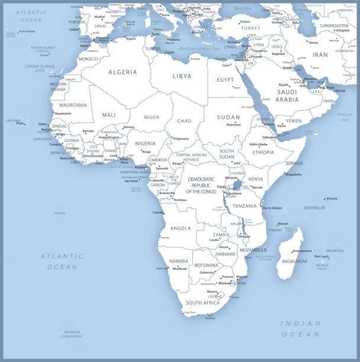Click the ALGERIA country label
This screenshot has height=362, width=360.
pos(122,72)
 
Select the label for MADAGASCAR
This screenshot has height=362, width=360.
pos(294,261)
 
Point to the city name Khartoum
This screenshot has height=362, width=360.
pos(233,125)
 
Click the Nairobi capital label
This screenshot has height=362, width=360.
pos(257,187)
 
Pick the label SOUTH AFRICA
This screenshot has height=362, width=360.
pos(204,302)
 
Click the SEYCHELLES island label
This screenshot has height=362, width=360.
pos(314,208)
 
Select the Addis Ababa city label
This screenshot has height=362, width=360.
pos(259,144)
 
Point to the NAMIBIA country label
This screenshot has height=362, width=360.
pos(178,261)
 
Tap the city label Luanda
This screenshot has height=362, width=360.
pos(157,212)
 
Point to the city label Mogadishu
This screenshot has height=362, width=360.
pos(294,174)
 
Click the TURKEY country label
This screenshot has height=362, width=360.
pos(250,28)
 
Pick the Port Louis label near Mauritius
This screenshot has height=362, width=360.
pos(321,256)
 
